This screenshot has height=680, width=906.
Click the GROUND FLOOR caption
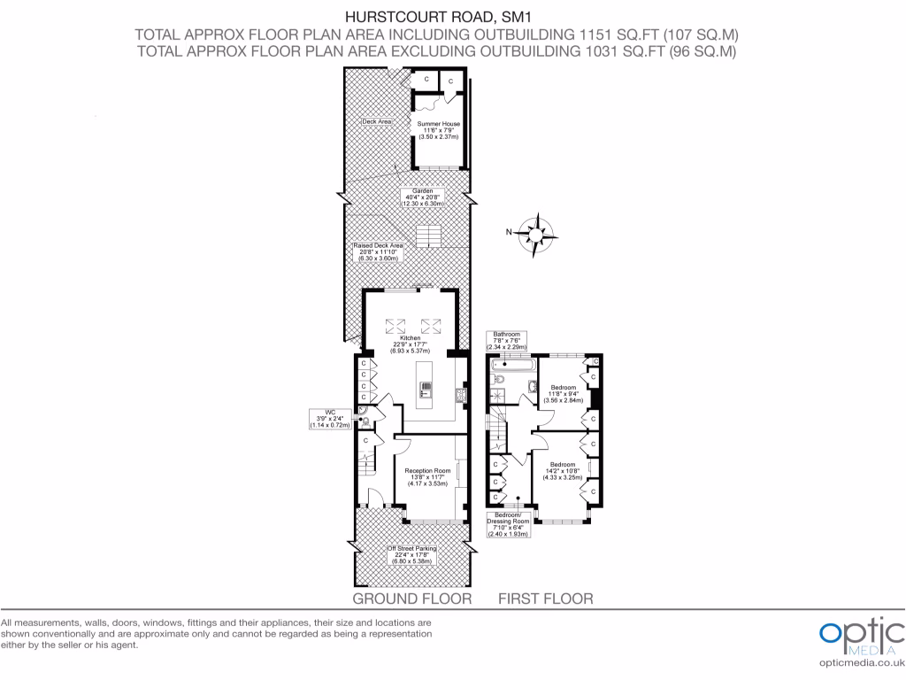pyautogui.click(x=411, y=599)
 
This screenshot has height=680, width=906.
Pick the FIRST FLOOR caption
pyautogui.click(x=545, y=599)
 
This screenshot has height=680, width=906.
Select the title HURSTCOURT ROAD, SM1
pyautogui.click(x=435, y=15)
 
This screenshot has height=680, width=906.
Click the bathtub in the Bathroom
pyautogui.click(x=512, y=364)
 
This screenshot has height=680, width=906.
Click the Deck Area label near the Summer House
pyautogui.click(x=377, y=121)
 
